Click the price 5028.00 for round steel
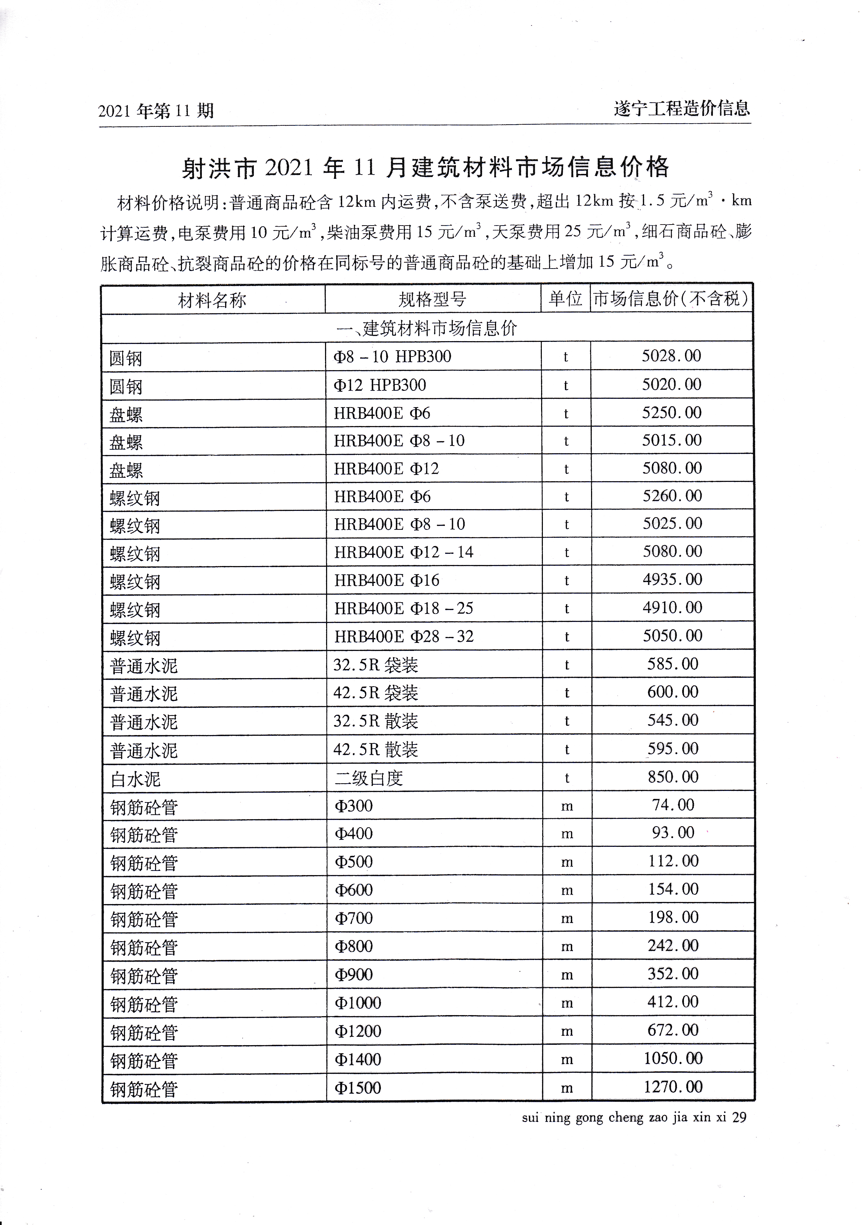671,356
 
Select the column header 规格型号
432,299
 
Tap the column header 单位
565,298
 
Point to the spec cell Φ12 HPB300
380,385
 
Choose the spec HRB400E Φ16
387,580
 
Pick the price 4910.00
672,607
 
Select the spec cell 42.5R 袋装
376,692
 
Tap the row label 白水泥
135,779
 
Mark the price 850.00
673,777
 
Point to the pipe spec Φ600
354,890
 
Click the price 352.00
673,973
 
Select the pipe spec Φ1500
358,1087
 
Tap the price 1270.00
673,1086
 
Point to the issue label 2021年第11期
156,111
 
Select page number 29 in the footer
739,1117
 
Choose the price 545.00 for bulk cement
673,720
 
